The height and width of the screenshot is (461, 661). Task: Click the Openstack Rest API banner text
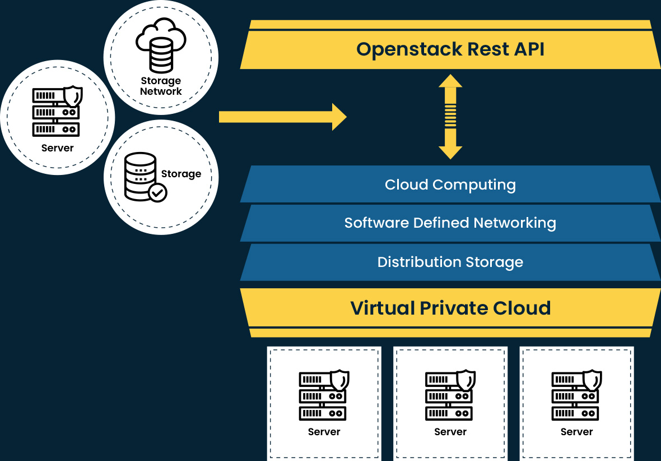click(x=450, y=49)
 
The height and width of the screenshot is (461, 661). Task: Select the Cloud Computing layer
click(x=450, y=185)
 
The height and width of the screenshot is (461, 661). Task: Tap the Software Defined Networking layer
click(x=450, y=223)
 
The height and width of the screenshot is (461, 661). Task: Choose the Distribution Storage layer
click(x=450, y=262)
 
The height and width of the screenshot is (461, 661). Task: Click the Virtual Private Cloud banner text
click(x=450, y=308)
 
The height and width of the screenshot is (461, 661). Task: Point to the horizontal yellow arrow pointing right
click(x=283, y=117)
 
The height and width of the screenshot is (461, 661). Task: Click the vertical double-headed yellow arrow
click(x=450, y=117)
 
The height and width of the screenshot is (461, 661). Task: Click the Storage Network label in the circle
click(x=161, y=86)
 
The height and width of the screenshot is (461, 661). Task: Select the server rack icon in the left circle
click(x=55, y=112)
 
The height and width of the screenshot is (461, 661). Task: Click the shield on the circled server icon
click(x=73, y=96)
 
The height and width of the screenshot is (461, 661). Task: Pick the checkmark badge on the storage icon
click(x=157, y=193)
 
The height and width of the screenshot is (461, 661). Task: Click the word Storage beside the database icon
click(x=181, y=174)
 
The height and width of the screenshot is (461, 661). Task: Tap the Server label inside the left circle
click(x=57, y=148)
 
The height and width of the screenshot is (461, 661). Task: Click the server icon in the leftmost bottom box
click(x=323, y=396)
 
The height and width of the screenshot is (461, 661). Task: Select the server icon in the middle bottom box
click(x=449, y=396)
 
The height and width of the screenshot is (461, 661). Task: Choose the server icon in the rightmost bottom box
click(x=576, y=396)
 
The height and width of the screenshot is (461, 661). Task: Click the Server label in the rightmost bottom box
click(x=576, y=432)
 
